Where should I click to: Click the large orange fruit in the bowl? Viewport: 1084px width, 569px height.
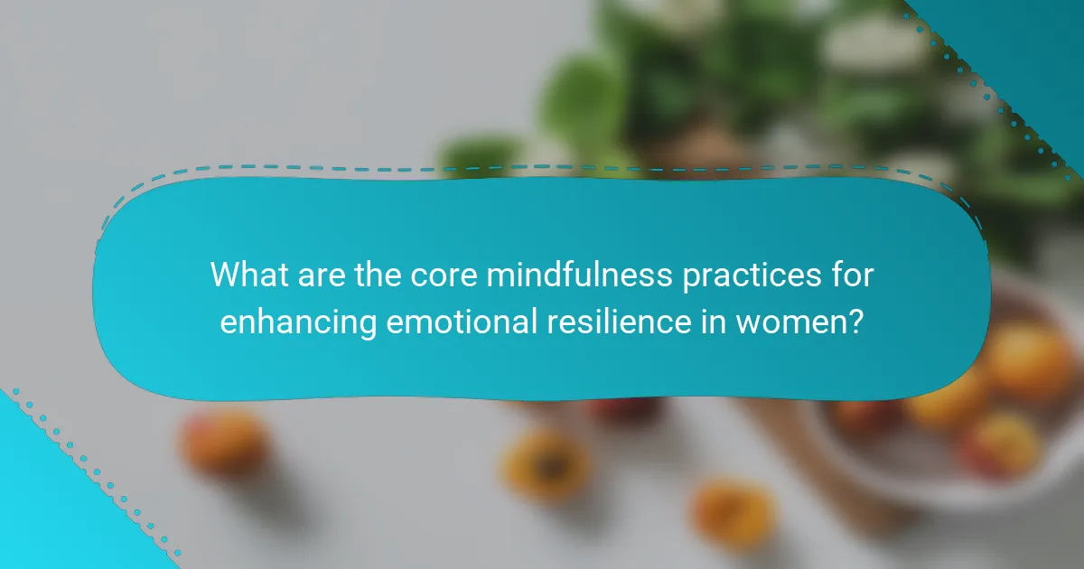(1030, 361)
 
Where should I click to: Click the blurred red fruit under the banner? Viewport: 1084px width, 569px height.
(623, 411)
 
